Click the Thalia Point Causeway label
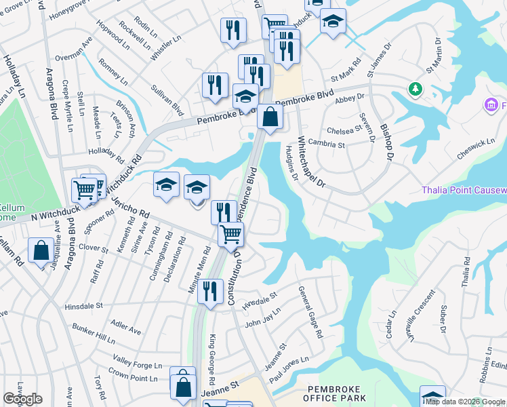tap(464, 190)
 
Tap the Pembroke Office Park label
tap(336, 393)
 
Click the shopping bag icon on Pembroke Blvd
tap(270, 117)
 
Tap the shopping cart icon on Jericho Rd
tap(230, 235)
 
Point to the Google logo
tap(22, 399)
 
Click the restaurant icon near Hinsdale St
tap(211, 292)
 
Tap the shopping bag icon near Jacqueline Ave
tap(40, 250)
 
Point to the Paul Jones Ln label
tap(289, 369)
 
